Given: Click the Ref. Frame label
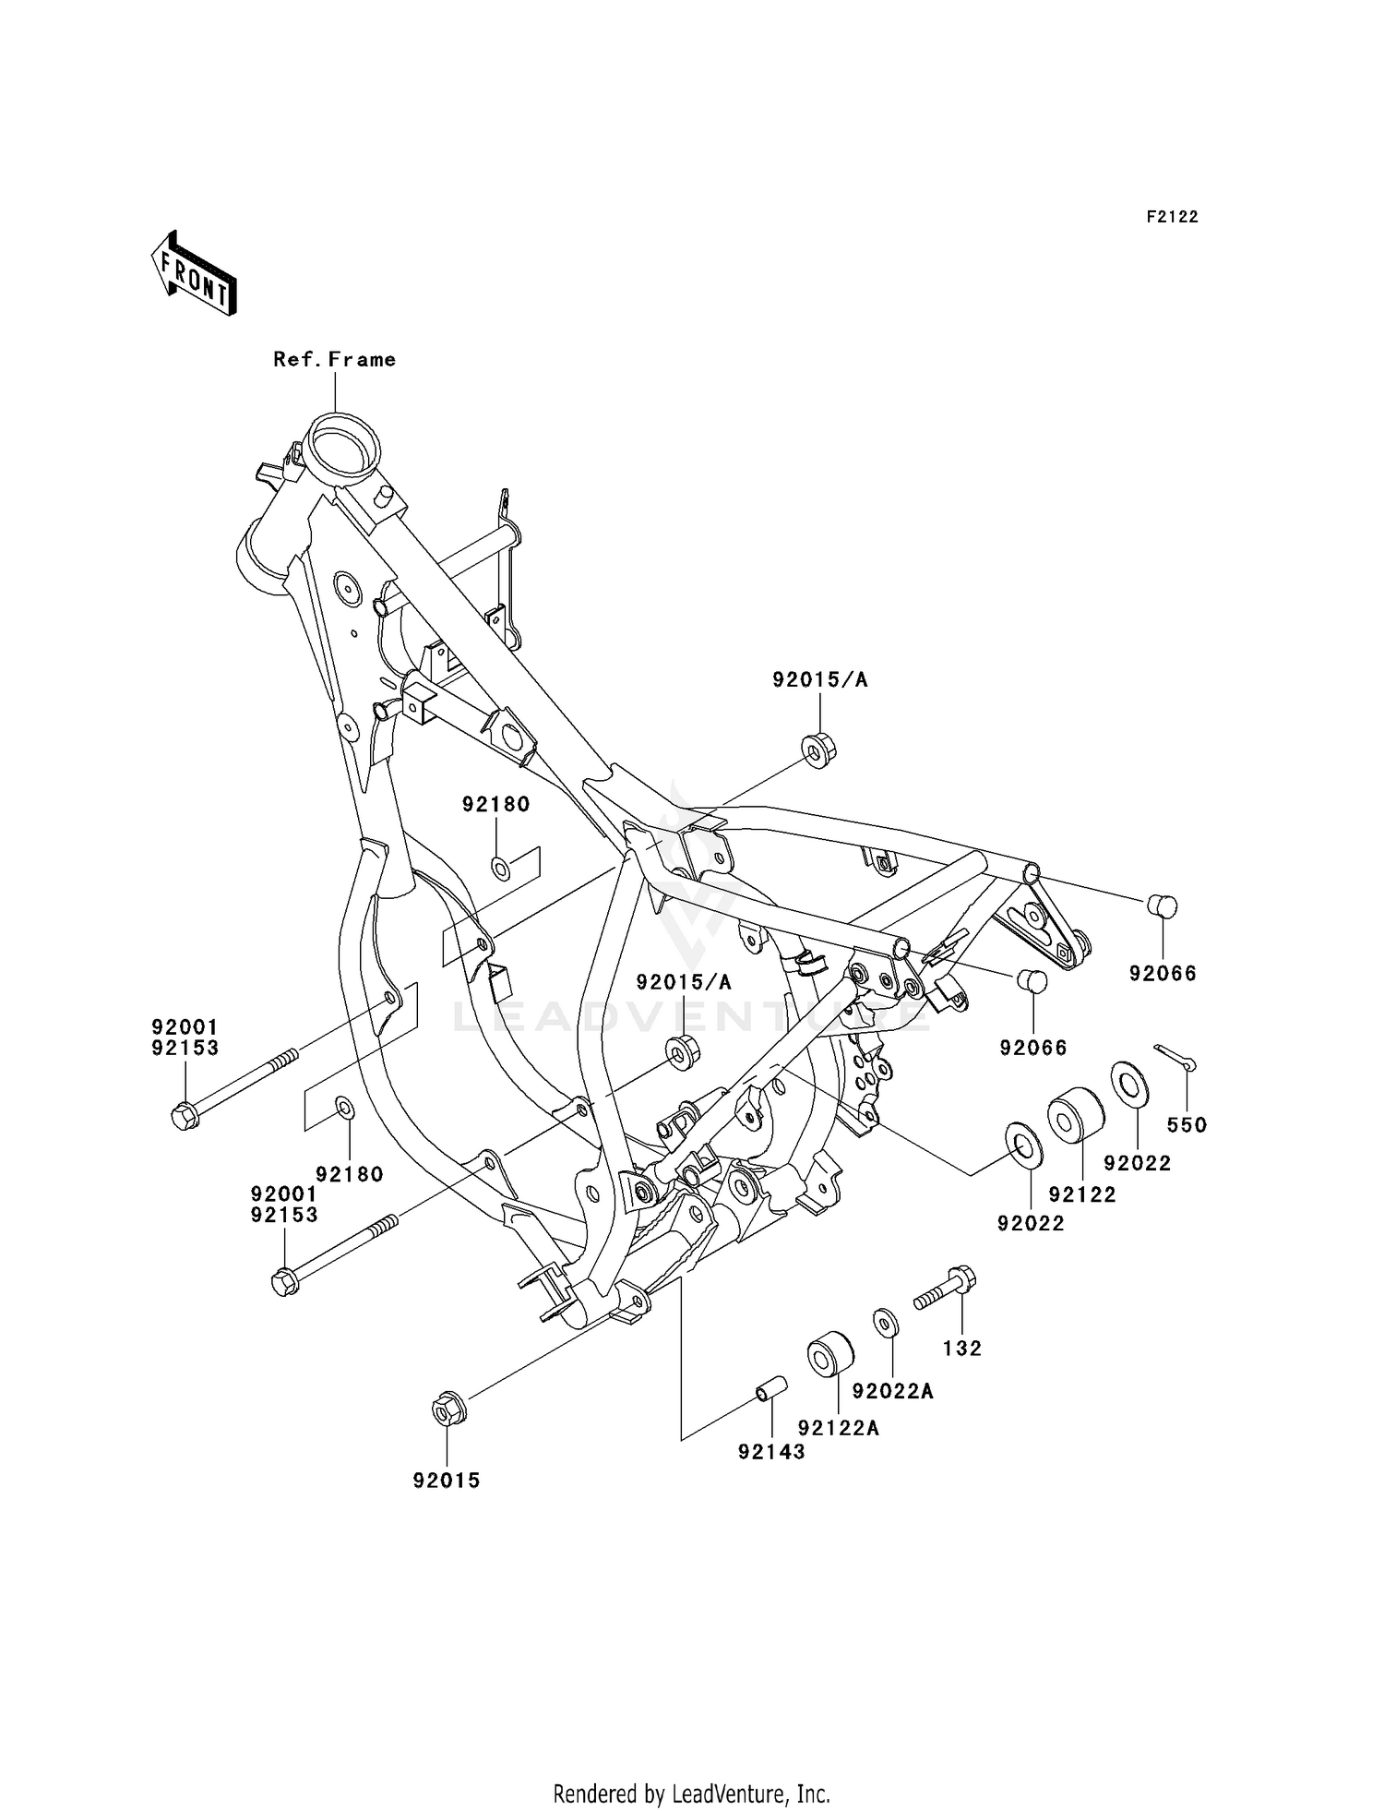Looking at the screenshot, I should point(334,360).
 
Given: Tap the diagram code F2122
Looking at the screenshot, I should point(1172,217).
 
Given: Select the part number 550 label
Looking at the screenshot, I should point(1187,1124).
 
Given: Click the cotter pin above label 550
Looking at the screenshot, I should point(1175,1057).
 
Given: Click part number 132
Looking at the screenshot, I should point(962,1349).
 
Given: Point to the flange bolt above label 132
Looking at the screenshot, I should point(946,1288).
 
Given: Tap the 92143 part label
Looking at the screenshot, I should point(771,1452).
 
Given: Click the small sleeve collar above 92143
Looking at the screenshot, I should point(770,1387).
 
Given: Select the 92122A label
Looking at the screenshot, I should point(839,1428).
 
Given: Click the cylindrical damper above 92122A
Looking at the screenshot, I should point(829,1353).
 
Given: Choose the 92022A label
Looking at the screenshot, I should point(892,1391).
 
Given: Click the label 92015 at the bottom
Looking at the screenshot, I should point(447,1481).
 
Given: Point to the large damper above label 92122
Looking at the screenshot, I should point(1075,1115).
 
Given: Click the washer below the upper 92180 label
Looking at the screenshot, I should point(501,868).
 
